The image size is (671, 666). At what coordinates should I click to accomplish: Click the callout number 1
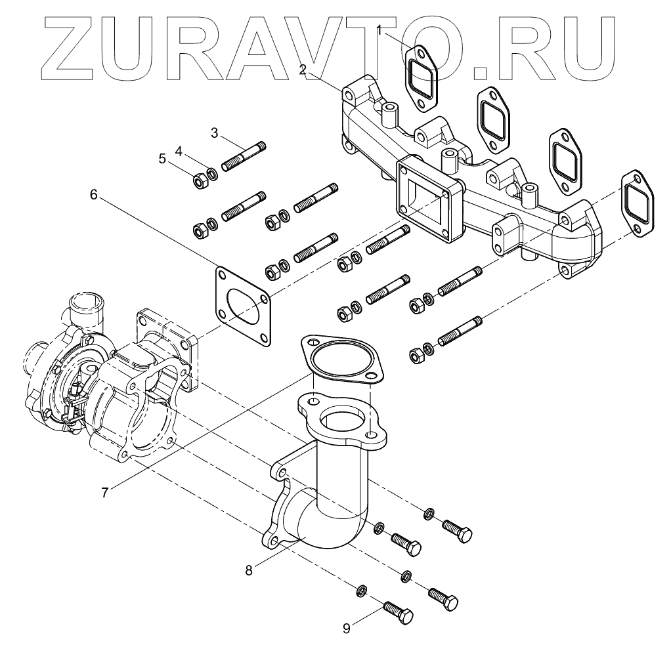click(379, 29)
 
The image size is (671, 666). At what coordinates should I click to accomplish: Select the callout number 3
click(214, 133)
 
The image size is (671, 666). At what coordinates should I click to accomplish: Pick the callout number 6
click(93, 194)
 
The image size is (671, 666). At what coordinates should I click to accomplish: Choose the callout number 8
click(249, 570)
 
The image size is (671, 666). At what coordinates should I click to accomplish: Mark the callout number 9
click(347, 628)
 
